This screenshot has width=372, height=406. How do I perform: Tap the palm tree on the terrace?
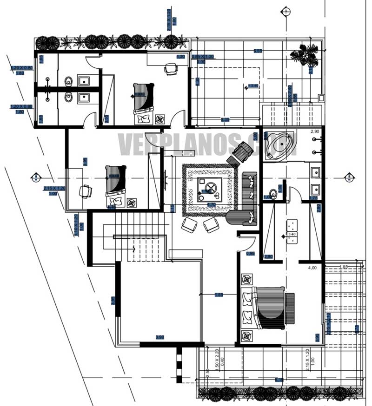pos(304,56)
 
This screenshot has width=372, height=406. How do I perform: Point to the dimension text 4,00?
pos(312,268)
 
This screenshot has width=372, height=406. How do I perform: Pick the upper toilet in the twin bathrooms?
pos(69,81)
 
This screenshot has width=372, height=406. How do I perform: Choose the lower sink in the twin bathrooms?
pos(85,98)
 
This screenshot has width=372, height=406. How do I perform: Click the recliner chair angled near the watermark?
pos(239,153)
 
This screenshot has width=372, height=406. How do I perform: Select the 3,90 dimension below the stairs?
pos(159,337)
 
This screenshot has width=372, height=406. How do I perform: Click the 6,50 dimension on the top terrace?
pos(257,50)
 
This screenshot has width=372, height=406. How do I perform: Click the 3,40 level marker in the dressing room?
pos(292,235)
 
